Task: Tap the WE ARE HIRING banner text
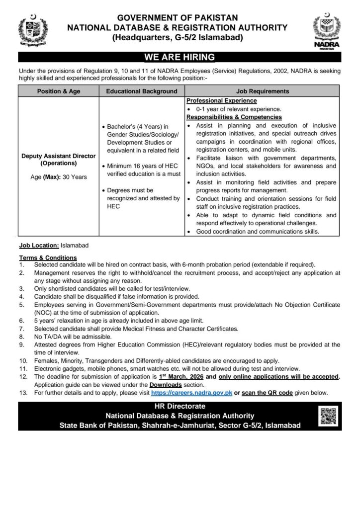tap(180, 57)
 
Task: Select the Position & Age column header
tap(59, 91)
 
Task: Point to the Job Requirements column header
tap(263, 91)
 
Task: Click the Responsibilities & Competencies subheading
tap(234, 117)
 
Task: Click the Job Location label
tap(39, 246)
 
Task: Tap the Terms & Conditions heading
tap(48, 257)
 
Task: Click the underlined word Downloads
tap(164, 385)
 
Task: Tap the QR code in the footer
tap(328, 416)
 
